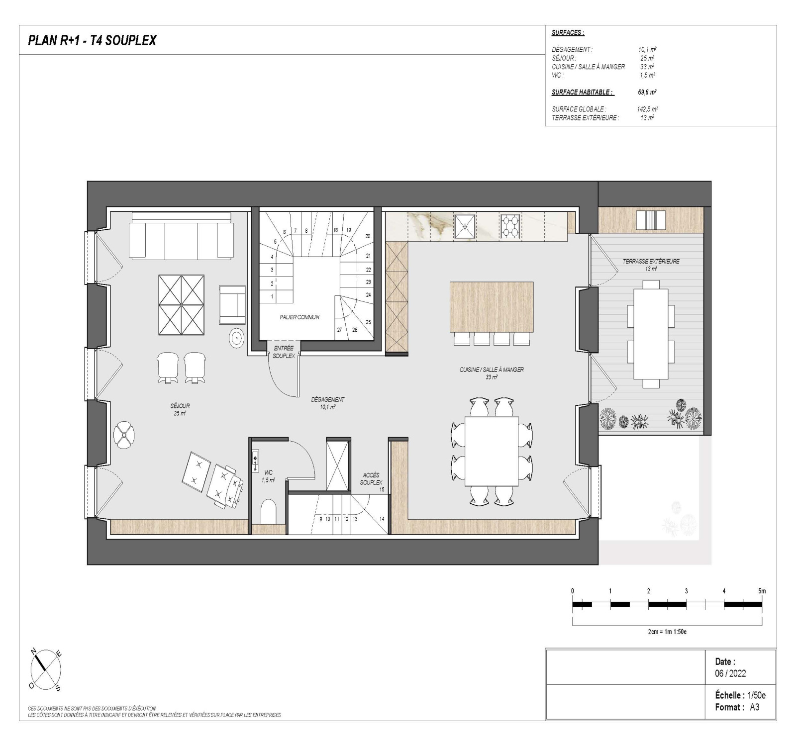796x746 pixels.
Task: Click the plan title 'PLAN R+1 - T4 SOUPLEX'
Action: pos(92,40)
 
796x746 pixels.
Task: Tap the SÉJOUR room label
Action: pos(180,406)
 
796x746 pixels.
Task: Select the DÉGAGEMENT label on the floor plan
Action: pos(327,399)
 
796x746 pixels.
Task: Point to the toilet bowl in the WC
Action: pos(268,512)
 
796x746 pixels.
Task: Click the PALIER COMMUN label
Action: pos(299,317)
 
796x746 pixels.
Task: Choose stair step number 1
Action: pos(272,296)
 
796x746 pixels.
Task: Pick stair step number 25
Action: pos(368,322)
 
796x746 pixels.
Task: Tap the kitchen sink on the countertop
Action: pos(465,226)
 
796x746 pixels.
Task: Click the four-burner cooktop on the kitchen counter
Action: pos(510,226)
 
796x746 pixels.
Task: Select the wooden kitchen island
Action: pos(492,307)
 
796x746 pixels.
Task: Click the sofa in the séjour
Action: pos(181,236)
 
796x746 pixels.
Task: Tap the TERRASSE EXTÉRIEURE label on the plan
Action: pos(651,261)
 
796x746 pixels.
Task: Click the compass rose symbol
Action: pos(46,671)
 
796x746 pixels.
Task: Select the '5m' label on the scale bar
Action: pos(762,591)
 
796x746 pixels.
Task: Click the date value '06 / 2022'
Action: pos(730,673)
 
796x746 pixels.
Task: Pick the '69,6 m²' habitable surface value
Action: pos(647,92)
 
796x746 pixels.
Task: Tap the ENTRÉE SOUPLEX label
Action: pos(284,352)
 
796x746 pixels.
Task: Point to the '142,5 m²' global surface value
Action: pos(647,109)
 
